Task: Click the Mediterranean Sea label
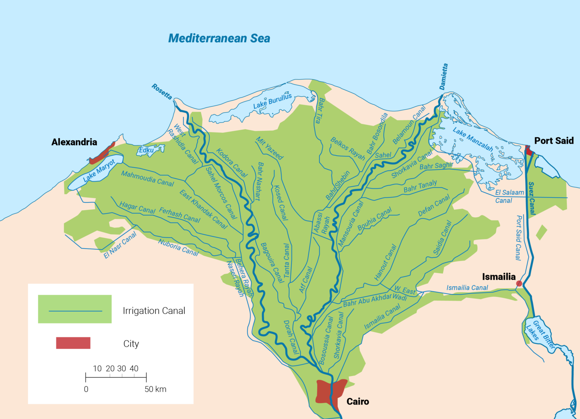(x=219, y=38)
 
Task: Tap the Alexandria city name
(x=74, y=142)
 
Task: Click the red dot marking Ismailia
(x=519, y=284)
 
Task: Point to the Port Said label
(x=554, y=141)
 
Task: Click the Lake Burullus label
(x=272, y=101)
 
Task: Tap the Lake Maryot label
(x=99, y=170)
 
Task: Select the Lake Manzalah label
(x=473, y=140)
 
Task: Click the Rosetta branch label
(x=162, y=92)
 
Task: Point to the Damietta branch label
(x=444, y=77)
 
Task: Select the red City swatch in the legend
(x=73, y=343)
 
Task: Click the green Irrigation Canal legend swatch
(x=75, y=309)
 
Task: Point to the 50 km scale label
(x=155, y=389)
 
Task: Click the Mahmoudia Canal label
(x=147, y=179)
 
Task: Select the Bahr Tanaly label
(x=420, y=186)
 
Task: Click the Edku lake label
(x=147, y=150)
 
